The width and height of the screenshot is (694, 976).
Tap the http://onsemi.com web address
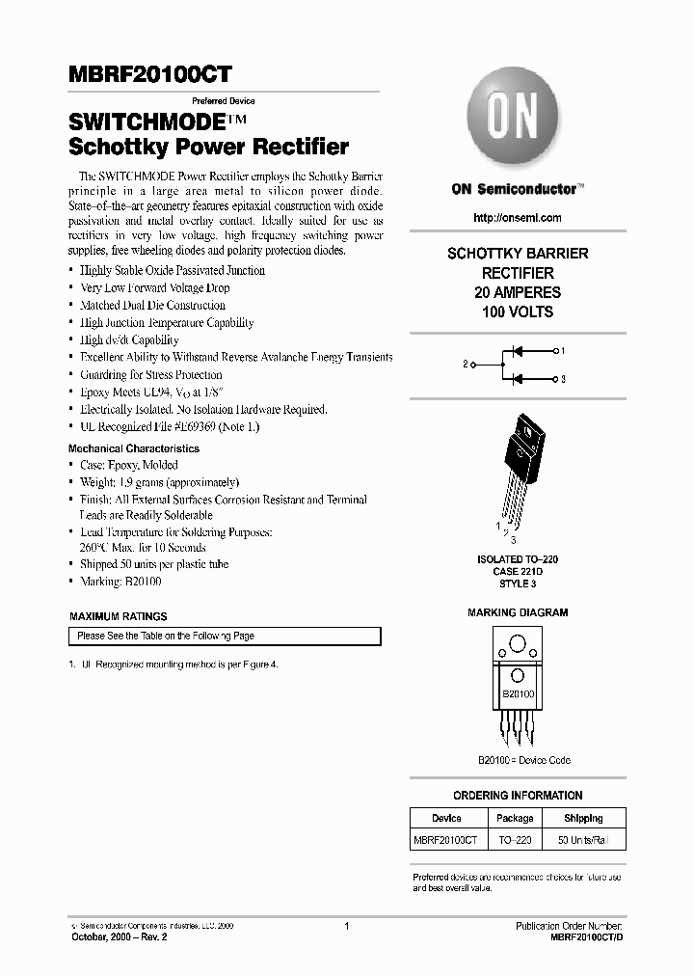coord(517,218)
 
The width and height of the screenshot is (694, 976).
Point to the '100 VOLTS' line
coord(517,312)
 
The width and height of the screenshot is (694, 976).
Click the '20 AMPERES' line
coord(517,292)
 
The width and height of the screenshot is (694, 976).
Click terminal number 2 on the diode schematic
coord(466,365)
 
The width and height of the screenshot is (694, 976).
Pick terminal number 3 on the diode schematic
coord(563,380)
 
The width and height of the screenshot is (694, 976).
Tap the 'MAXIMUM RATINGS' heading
coord(118,616)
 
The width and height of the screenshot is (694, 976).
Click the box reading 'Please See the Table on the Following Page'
coord(225,637)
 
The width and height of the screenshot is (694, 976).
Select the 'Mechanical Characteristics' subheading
coord(134,448)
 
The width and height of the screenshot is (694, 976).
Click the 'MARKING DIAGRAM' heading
coord(517,612)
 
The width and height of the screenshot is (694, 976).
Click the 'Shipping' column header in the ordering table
coord(583,818)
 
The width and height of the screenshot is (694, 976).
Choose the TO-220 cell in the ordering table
coord(514,841)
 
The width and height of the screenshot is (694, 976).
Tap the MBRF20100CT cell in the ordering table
coord(446,841)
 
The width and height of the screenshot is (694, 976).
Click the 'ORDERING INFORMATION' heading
coord(517,796)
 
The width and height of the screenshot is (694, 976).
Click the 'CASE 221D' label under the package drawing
coord(518,571)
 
